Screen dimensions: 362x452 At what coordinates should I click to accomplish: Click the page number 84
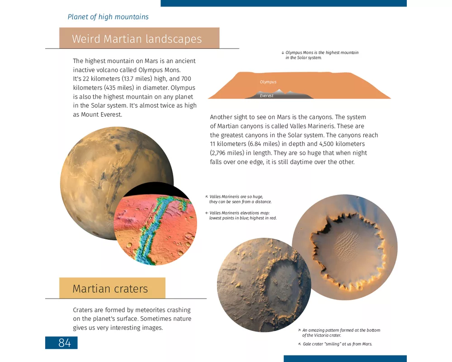click(x=65, y=343)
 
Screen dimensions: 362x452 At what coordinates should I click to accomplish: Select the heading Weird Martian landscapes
click(x=137, y=38)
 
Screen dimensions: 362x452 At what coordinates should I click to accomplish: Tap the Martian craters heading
click(x=110, y=289)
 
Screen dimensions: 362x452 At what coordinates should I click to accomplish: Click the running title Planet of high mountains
click(x=108, y=17)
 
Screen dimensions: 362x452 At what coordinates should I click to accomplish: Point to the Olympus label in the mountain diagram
click(x=268, y=82)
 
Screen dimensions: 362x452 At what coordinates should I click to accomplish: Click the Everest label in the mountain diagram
click(x=267, y=96)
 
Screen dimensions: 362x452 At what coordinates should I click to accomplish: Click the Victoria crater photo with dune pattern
click(x=344, y=247)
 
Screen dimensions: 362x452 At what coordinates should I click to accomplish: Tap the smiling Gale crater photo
click(x=264, y=285)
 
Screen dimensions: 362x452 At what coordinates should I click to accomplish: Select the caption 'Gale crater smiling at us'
click(x=337, y=344)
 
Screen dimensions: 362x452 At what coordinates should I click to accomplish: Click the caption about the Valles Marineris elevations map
click(x=242, y=215)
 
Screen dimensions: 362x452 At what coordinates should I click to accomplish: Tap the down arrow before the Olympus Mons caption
click(x=282, y=53)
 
